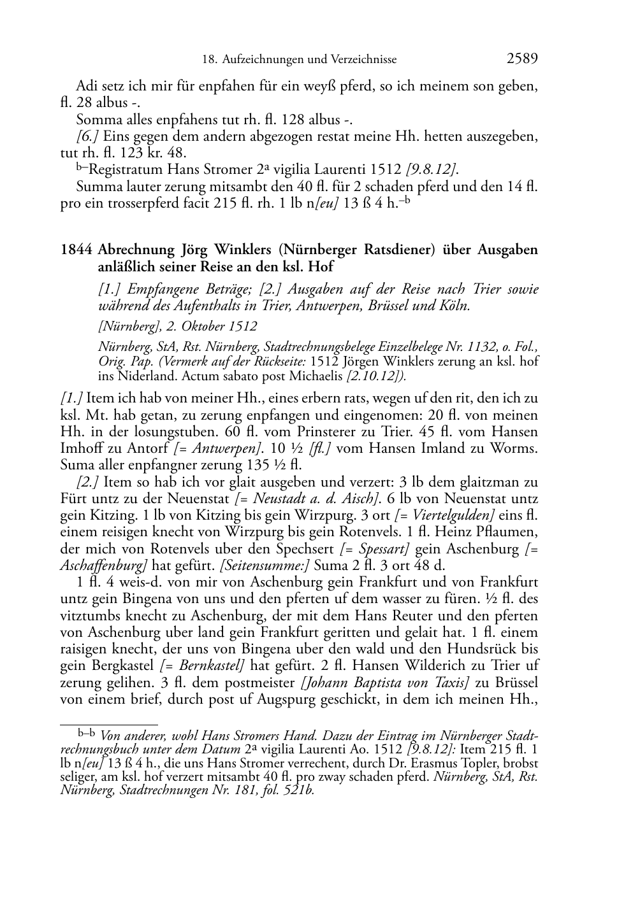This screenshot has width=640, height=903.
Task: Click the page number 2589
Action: tap(522, 59)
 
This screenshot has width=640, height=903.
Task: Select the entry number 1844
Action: tap(77, 250)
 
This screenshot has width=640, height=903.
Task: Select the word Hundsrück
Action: tap(484, 649)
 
